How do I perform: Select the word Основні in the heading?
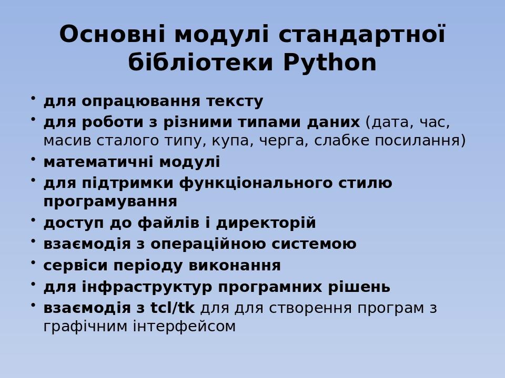point(112,34)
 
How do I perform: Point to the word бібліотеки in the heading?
point(200,62)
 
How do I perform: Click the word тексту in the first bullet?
point(235,101)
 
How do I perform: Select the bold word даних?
point(334,122)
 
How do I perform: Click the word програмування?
point(110,202)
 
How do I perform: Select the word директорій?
point(266,223)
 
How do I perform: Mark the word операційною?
point(208,244)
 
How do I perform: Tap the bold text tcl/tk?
point(173,308)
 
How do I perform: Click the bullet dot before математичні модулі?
point(33,159)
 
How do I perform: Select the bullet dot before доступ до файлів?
point(33,219)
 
